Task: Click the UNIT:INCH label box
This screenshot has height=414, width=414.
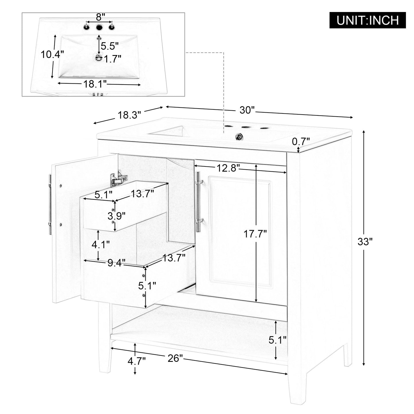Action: pos(368,20)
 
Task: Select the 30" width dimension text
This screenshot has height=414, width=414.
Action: pos(247,110)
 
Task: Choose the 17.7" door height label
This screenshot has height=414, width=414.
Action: pos(255,234)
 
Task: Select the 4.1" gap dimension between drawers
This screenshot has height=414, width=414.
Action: pos(101,245)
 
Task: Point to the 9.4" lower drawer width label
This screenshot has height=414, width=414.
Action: pos(117,262)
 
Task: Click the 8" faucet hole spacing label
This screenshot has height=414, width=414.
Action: pos(99,17)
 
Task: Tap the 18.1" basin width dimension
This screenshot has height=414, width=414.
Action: pos(95,84)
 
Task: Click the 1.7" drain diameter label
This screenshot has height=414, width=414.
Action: pos(113,59)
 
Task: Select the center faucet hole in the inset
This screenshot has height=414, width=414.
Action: pos(99,28)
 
